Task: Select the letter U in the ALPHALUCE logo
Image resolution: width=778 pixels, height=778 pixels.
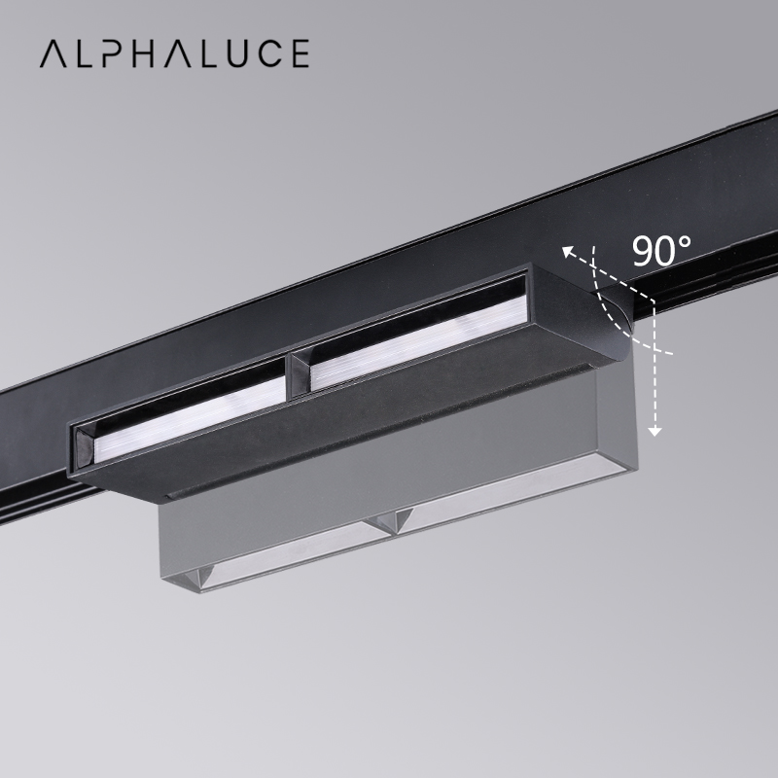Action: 229,53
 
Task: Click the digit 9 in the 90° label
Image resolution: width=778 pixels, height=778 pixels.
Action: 645,251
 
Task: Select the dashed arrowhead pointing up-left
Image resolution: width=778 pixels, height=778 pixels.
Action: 569,252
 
